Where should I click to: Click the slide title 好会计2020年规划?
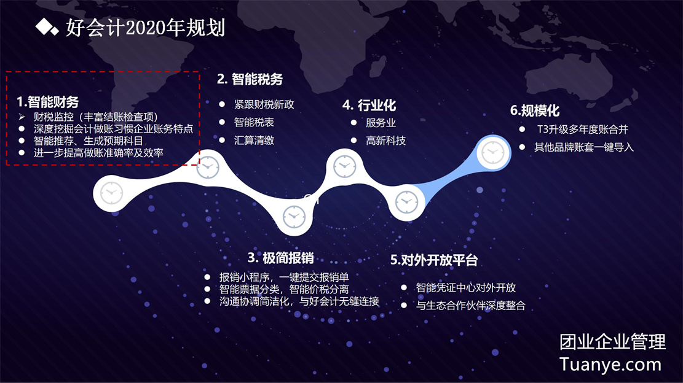click(x=145, y=28)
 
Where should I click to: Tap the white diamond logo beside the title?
click(x=47, y=27)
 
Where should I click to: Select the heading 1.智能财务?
click(x=47, y=102)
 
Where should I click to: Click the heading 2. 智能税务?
click(x=250, y=79)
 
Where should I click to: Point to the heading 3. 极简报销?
click(x=280, y=258)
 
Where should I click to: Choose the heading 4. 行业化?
click(x=369, y=105)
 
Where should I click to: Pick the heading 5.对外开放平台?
click(x=434, y=260)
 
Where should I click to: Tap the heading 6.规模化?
click(x=535, y=110)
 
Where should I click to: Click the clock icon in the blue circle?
click(x=493, y=153)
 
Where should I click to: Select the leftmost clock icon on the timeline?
click(x=111, y=193)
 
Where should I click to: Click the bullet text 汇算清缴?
click(x=254, y=141)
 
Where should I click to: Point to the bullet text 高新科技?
click(x=385, y=141)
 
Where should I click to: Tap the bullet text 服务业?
click(x=381, y=123)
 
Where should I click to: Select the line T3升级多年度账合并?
click(x=582, y=130)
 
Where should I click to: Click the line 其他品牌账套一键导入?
click(x=583, y=147)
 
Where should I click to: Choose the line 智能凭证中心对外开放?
click(x=465, y=288)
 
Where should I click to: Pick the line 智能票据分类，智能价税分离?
click(x=284, y=290)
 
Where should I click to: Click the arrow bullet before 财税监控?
click(x=22, y=117)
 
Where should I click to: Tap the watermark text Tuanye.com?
click(x=610, y=365)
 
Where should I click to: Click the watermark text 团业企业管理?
click(x=612, y=342)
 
